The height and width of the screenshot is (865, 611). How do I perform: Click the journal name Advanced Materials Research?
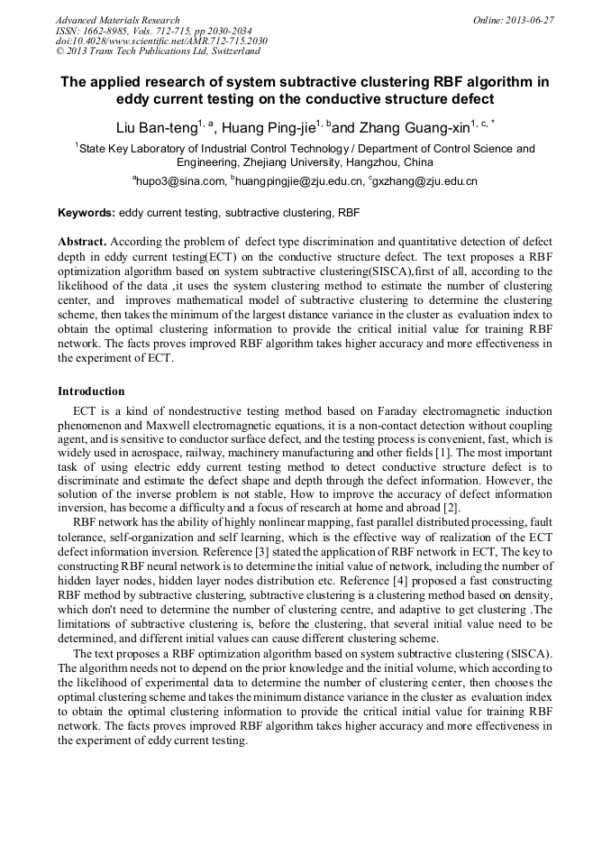pos(117,20)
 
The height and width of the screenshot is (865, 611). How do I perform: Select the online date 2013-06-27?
pos(525,20)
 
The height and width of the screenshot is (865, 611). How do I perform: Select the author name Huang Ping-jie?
pos(270,127)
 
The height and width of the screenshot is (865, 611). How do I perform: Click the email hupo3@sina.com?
pos(180,181)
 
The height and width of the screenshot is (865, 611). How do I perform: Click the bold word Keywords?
pos(86,214)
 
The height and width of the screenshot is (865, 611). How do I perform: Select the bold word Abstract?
pos(82,243)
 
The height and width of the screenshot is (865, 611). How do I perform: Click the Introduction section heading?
pos(91,391)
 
